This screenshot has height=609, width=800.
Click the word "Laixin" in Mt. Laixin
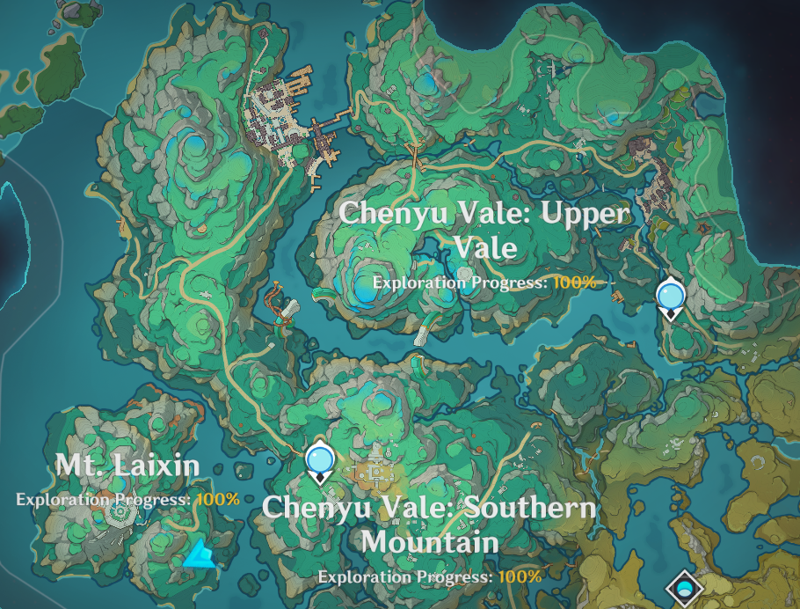155,466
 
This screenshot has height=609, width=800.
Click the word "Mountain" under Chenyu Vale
430,541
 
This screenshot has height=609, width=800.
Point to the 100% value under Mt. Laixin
217,499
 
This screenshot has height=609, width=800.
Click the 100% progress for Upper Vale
574,282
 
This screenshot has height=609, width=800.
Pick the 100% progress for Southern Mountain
520,576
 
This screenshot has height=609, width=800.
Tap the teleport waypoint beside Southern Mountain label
320,461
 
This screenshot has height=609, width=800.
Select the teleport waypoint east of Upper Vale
671,296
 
